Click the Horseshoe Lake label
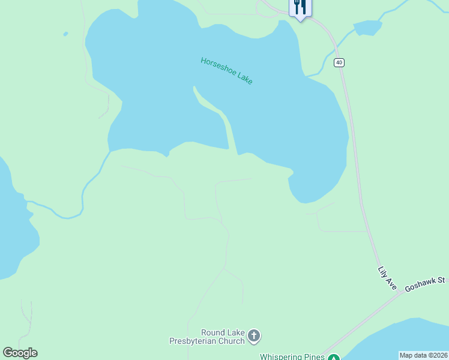click(227, 70)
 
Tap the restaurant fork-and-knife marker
click(300, 8)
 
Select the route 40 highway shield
click(339, 62)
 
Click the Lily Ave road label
click(387, 278)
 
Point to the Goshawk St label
click(424, 284)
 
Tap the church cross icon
click(254, 336)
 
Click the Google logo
click(20, 353)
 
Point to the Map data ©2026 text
click(423, 355)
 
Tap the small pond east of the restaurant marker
click(367, 28)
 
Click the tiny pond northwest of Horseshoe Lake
click(65, 34)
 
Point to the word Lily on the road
click(382, 272)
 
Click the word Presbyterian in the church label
click(191, 341)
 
